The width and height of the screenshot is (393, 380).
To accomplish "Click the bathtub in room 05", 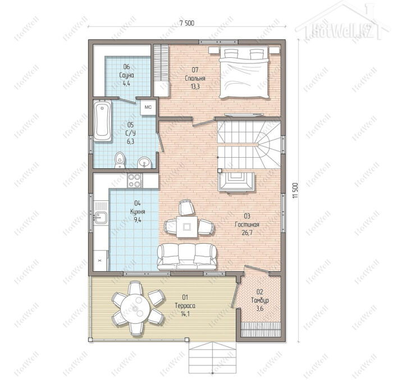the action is click(103, 121).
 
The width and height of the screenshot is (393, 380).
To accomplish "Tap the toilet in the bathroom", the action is click(120, 160).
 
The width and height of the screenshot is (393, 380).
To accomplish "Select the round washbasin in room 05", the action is click(144, 163).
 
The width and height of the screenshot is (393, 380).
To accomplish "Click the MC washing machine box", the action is click(148, 107).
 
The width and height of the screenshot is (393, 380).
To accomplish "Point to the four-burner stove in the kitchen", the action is click(135, 181).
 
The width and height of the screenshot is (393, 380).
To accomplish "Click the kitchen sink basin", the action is click(100, 218).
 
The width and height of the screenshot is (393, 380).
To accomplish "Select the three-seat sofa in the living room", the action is click(187, 257).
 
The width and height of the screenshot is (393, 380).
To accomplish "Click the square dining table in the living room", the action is click(187, 227).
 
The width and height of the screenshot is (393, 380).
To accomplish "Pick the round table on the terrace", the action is click(135, 308).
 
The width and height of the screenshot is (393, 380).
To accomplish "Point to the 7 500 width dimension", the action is click(187, 24).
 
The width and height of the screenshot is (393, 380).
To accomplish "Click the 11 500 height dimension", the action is click(295, 191).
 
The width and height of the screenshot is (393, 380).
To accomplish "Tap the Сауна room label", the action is click(126, 75).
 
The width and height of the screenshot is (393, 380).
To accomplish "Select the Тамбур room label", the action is click(260, 300).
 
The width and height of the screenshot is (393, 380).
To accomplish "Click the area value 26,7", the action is click(247, 232).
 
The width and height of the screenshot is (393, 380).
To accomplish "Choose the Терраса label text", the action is click(185, 305).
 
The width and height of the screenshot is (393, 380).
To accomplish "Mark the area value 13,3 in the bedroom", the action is click(195, 87).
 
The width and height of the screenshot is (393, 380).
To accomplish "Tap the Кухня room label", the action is click(138, 212).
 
